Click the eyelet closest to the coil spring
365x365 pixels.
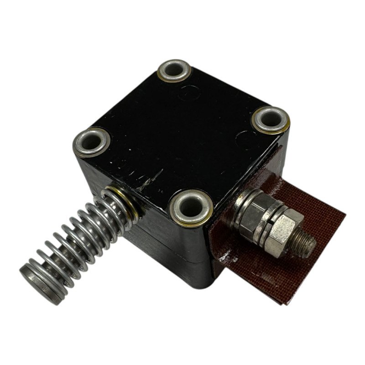point(91,142)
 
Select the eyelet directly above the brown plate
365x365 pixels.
point(271,120)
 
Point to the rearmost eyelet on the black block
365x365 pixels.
point(174,71)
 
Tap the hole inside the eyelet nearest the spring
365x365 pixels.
point(91,142)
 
